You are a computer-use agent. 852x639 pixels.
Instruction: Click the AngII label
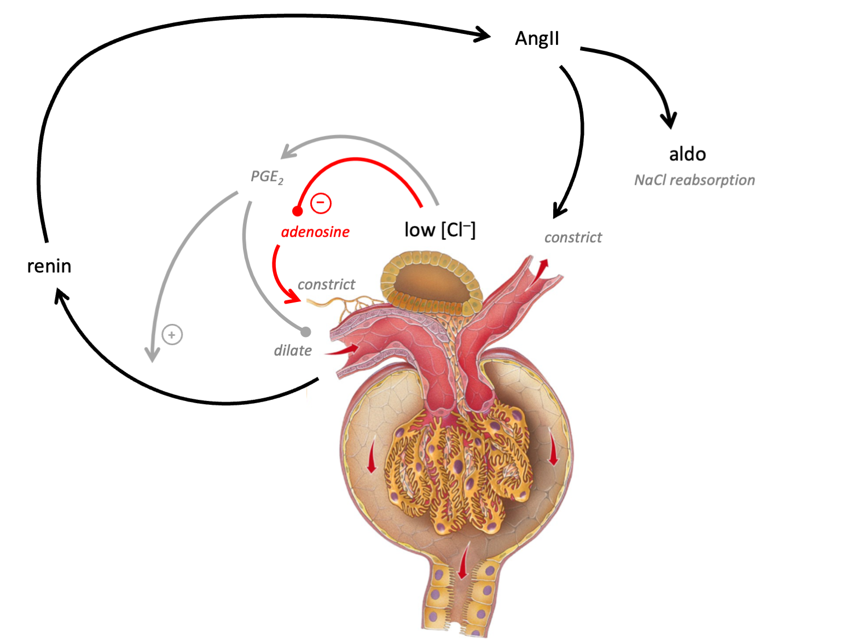[537, 38]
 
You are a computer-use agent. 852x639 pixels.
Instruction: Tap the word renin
[49, 266]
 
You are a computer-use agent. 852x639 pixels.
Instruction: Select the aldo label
[687, 154]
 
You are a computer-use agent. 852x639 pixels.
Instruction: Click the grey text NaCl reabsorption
[694, 180]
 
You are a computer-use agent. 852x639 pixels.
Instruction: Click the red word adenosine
[315, 232]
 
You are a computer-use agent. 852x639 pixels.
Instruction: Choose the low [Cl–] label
[439, 230]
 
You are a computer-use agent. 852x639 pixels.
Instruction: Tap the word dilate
[293, 350]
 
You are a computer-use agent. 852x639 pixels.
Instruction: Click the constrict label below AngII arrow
[573, 237]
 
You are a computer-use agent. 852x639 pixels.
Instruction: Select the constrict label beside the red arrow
[326, 284]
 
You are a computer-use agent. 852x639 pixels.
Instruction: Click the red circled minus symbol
[321, 203]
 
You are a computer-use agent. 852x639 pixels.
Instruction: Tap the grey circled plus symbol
[172, 334]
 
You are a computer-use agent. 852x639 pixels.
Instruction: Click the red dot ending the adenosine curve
[298, 211]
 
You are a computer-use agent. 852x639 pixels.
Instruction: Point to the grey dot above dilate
[306, 332]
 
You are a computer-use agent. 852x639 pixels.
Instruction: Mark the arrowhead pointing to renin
[61, 298]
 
